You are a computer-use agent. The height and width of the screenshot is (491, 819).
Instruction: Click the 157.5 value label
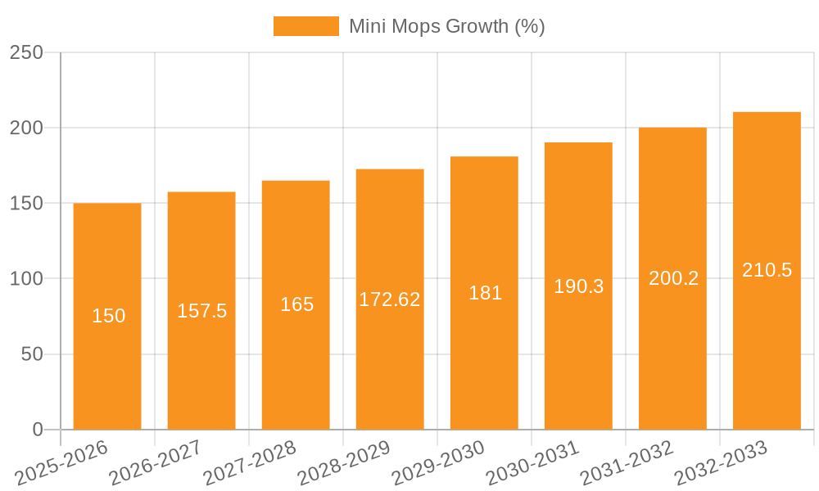point(201,311)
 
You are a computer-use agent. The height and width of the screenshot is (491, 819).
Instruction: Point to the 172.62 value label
point(390,300)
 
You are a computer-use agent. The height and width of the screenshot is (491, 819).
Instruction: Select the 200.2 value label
point(673,278)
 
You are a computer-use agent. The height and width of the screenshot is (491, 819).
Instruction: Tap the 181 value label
point(485,293)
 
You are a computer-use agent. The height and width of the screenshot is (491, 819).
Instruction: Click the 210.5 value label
point(767,270)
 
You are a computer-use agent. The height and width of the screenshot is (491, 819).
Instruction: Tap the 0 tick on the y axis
point(38,430)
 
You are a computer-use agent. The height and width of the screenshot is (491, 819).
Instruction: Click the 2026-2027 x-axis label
point(155,463)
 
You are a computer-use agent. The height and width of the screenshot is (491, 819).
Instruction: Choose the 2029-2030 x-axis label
point(437,463)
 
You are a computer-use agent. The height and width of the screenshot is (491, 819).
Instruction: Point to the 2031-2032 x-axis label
point(626,463)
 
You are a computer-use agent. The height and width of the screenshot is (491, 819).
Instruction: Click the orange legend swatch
point(305,26)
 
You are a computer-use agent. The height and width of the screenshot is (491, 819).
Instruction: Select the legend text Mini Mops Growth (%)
point(446,26)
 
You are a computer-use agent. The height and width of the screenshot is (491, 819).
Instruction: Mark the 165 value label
point(296,304)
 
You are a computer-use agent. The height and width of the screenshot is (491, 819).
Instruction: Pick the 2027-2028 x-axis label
point(249,463)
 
